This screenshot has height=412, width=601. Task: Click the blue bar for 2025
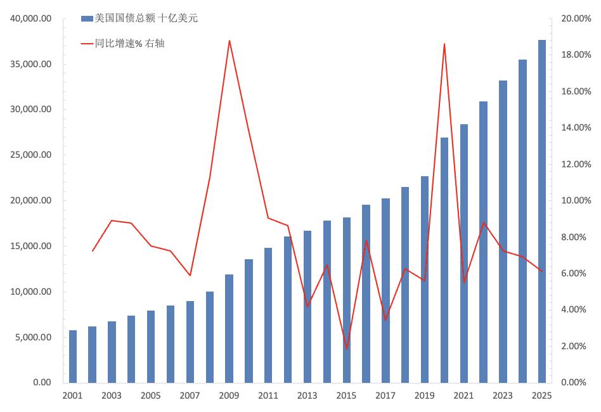(541, 211)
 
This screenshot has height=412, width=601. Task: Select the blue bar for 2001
(72, 356)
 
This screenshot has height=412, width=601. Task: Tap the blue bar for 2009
(229, 328)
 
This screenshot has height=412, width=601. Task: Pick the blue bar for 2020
(444, 260)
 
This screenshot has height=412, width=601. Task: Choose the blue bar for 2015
(347, 300)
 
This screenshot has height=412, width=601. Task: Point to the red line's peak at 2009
(229, 41)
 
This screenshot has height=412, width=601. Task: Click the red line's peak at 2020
(444, 44)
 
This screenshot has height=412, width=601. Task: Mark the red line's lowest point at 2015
(347, 349)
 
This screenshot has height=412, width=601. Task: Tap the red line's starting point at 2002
(93, 251)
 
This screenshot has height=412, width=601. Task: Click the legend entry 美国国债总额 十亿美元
(139, 18)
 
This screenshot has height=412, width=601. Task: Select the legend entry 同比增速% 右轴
(122, 43)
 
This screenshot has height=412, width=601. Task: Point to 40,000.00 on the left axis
(30, 18)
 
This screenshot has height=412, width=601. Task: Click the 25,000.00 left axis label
(30, 155)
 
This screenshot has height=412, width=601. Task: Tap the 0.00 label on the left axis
(42, 382)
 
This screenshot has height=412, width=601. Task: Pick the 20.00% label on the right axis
(576, 18)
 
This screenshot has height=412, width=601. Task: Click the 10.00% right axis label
(576, 200)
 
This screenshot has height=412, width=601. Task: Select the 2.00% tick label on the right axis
(574, 346)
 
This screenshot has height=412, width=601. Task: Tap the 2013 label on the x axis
(307, 396)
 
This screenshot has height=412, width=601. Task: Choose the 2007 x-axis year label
(190, 396)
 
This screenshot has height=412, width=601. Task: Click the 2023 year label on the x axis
(503, 396)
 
